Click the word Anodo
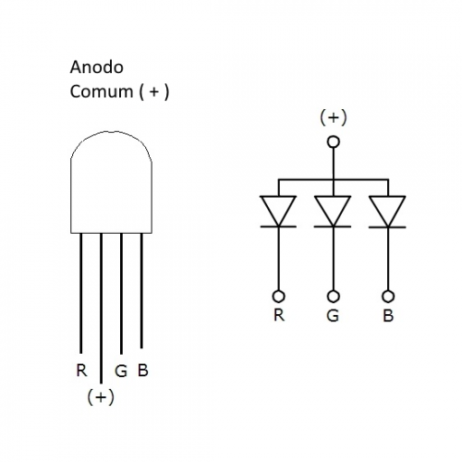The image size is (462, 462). (x=97, y=67)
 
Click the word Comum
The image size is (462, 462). (x=102, y=91)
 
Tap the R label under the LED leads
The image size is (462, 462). (x=81, y=371)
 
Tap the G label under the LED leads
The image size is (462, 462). (x=121, y=371)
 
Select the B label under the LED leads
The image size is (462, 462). (x=143, y=371)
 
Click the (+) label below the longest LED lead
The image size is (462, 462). (x=101, y=396)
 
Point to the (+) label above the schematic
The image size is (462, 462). (x=334, y=117)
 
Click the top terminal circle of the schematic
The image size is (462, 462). (x=334, y=142)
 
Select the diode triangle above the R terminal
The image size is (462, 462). (x=278, y=211)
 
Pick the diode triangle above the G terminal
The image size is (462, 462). (x=333, y=211)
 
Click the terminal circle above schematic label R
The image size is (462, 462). (x=279, y=297)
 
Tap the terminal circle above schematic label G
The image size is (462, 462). (x=333, y=297)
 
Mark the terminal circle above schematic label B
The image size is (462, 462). (x=388, y=297)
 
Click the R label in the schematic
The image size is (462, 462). (x=279, y=315)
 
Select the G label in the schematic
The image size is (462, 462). (x=333, y=316)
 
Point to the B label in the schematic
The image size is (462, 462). (x=388, y=316)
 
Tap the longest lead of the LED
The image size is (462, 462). (x=101, y=308)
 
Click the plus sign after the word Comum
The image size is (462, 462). (x=154, y=91)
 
